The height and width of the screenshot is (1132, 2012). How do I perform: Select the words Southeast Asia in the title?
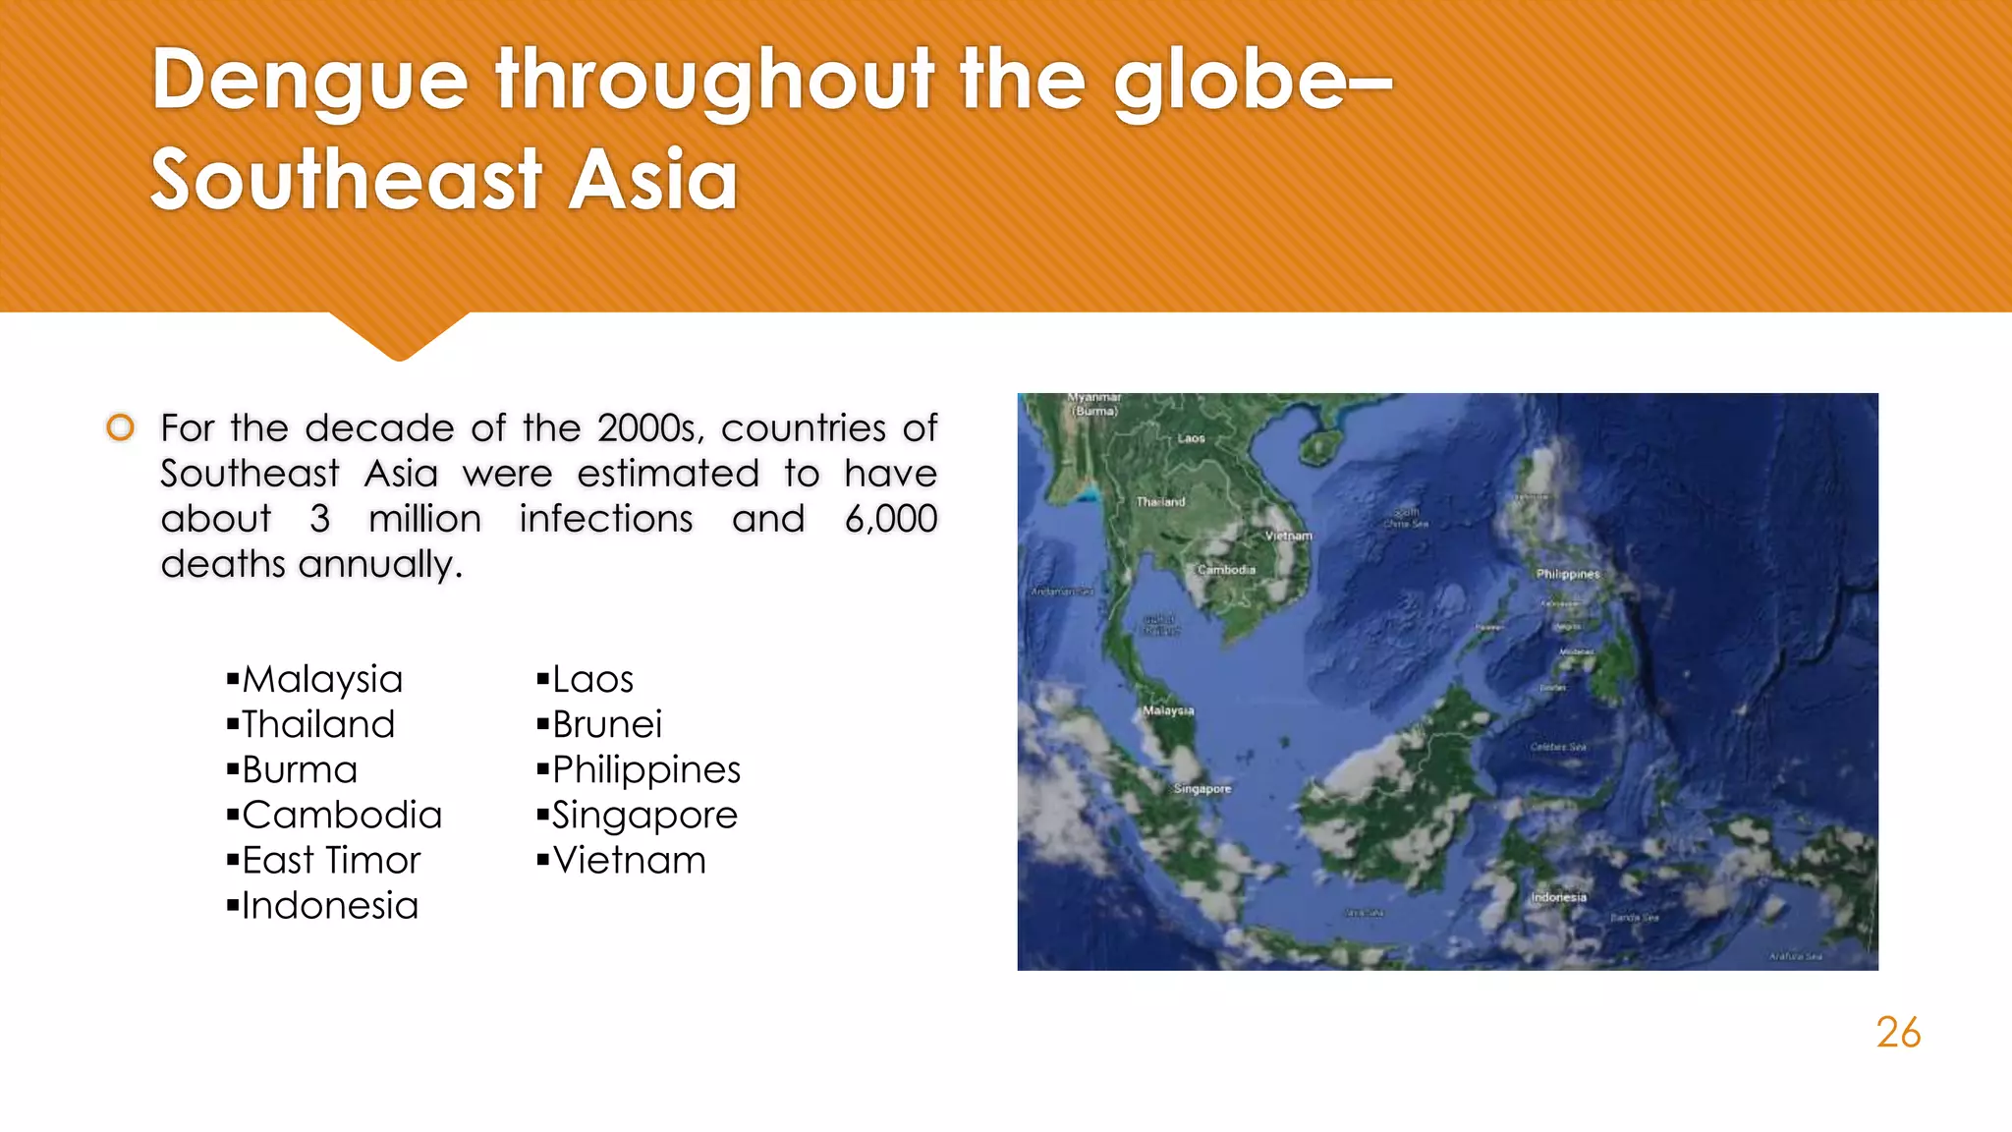(x=444, y=181)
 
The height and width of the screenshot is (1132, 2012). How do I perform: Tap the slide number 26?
(x=1897, y=1033)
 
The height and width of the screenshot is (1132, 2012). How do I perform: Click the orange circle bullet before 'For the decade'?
(x=120, y=427)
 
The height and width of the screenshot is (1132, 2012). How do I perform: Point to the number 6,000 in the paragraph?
(x=890, y=520)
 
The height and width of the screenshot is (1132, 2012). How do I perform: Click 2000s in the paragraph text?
(x=647, y=428)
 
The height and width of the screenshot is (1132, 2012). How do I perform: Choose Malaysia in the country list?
(x=322, y=680)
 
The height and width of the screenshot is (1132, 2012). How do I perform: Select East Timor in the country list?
(x=331, y=861)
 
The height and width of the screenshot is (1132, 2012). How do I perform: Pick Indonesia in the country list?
(x=330, y=906)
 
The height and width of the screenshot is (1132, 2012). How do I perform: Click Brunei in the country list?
(x=607, y=725)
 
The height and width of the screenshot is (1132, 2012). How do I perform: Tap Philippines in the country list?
(x=646, y=770)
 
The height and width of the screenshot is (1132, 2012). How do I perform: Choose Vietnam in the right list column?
(x=629, y=861)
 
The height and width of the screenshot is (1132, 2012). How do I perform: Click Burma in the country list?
(x=300, y=770)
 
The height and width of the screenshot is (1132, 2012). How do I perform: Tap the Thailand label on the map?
(x=1160, y=502)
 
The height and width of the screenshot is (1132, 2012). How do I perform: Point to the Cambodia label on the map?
(x=1226, y=570)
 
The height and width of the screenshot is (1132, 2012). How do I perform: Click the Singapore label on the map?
(x=1202, y=789)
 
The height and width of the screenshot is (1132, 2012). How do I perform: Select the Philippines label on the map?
(x=1568, y=574)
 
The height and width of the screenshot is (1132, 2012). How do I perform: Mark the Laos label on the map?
(x=1191, y=438)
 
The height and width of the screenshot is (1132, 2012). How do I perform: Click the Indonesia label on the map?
(x=1558, y=897)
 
